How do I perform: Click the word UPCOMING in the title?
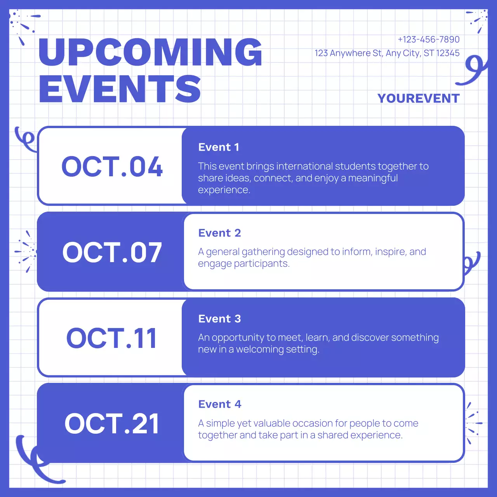point(150,52)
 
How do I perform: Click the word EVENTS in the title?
point(120,89)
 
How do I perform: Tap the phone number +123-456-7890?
point(428,40)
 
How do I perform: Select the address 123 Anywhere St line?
point(387,53)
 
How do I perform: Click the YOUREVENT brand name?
point(418,99)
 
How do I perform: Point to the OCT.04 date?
point(112,167)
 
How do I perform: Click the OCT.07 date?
point(112,252)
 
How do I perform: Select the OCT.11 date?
point(112,338)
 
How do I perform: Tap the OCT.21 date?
point(112,424)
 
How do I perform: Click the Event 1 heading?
point(219,147)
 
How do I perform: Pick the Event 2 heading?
point(219,233)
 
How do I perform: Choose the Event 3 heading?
point(219,319)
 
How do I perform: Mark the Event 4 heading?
point(219,404)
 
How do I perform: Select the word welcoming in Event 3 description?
point(260,349)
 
